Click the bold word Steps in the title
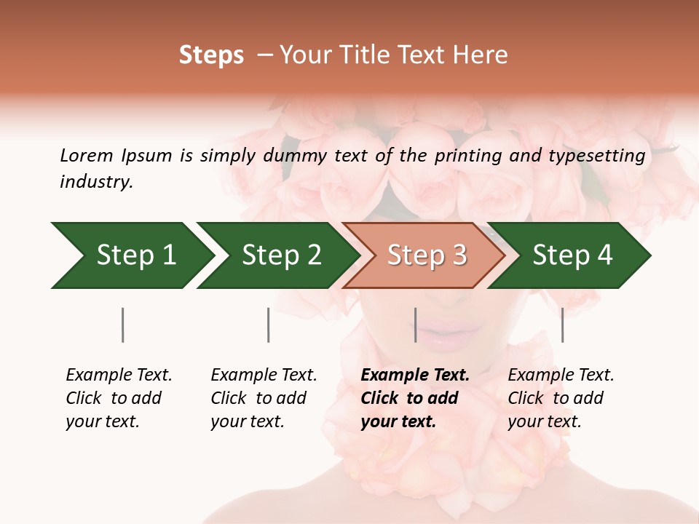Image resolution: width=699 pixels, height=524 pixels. (211, 55)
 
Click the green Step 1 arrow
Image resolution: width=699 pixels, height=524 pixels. (131, 255)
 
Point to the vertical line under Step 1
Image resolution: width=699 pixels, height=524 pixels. (123, 325)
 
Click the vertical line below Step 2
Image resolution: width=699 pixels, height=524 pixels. (269, 325)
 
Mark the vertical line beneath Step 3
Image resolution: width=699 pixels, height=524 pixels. (415, 325)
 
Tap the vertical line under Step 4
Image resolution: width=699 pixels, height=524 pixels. (562, 325)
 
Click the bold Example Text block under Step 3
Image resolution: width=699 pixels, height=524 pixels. (415, 398)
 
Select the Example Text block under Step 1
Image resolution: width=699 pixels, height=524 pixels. (119, 398)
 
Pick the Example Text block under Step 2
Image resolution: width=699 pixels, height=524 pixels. (264, 398)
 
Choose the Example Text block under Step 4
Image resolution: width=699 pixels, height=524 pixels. (561, 398)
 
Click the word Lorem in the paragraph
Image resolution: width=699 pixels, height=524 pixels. (86, 156)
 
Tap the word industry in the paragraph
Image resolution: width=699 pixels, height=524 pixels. (96, 182)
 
